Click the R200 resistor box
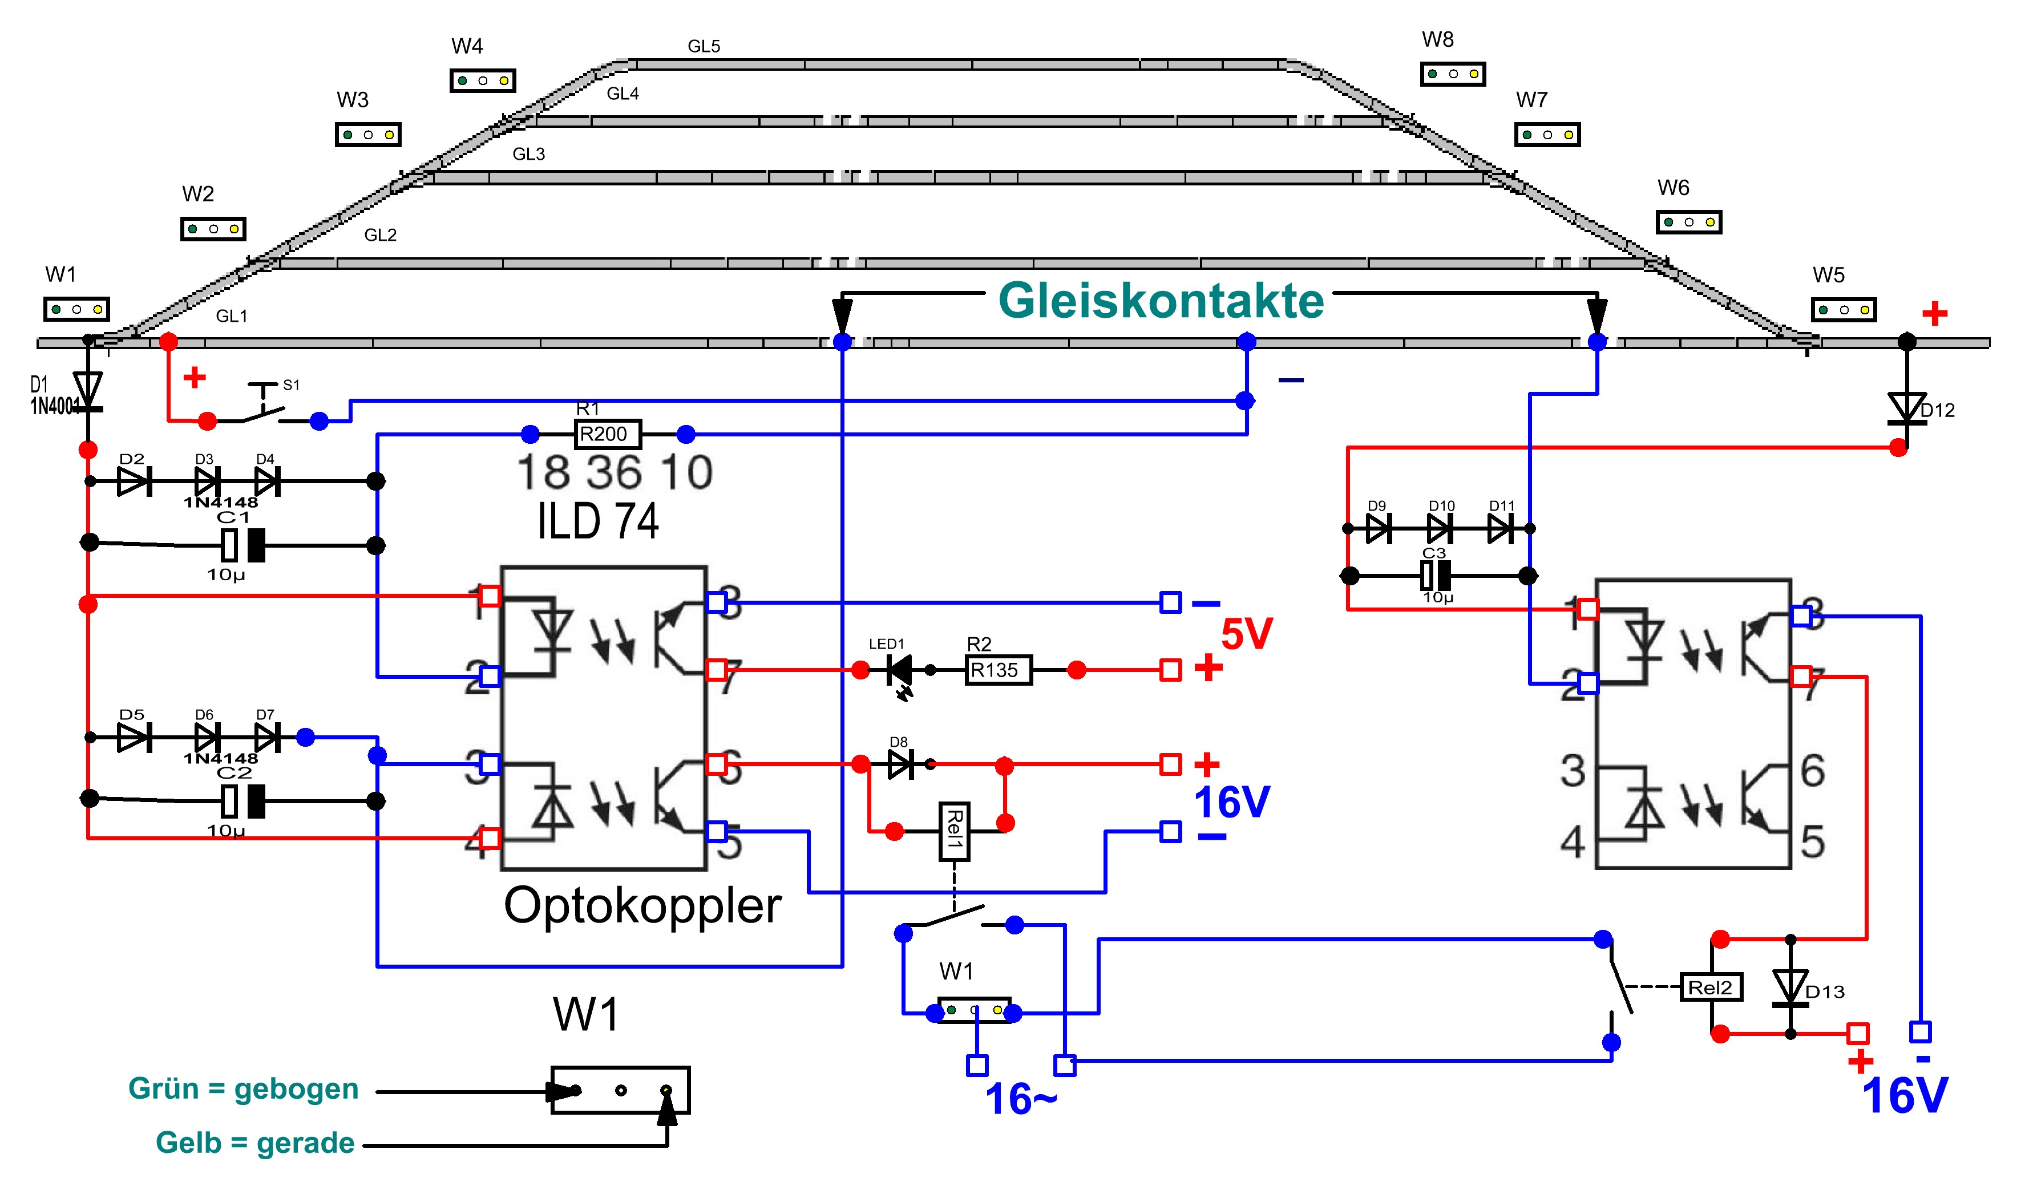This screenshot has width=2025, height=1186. [608, 435]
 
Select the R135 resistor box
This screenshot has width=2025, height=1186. [998, 670]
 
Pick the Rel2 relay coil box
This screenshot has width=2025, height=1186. [1711, 987]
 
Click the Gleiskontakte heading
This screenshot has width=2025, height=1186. [1161, 301]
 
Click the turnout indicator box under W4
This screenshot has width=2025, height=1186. [482, 80]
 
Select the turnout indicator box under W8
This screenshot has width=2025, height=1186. [1453, 74]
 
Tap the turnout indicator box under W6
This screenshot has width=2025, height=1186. [1688, 222]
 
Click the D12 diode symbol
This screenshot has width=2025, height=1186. [1906, 408]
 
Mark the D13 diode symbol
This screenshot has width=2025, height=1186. [1790, 987]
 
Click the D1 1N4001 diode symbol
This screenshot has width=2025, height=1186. [88, 391]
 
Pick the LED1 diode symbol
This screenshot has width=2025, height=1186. [900, 670]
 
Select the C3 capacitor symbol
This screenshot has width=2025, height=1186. [1435, 576]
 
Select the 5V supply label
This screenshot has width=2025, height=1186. [1246, 635]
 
